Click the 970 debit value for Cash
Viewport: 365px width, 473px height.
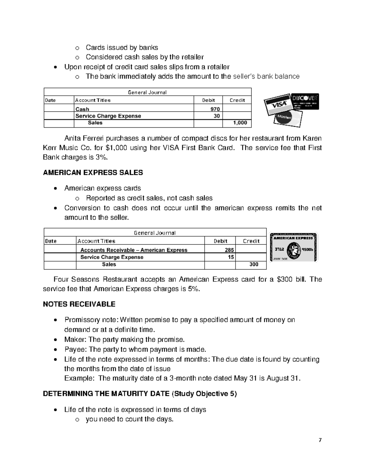[215, 109]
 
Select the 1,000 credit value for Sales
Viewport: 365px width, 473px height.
[240, 123]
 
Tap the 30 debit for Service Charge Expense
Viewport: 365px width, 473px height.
[217, 116]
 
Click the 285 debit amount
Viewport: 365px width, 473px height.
[229, 250]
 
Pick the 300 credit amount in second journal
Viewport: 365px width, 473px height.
[254, 264]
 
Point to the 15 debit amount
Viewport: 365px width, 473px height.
[231, 257]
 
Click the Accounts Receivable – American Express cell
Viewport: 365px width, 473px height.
[134, 250]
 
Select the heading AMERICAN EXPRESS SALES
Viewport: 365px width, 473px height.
[93, 173]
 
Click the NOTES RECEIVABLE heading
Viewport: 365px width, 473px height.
[79, 304]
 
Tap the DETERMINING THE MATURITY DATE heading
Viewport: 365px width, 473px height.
[106, 394]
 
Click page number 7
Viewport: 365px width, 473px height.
[320, 440]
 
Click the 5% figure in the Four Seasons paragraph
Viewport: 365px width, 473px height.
[194, 289]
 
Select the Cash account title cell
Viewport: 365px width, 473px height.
[82, 109]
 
